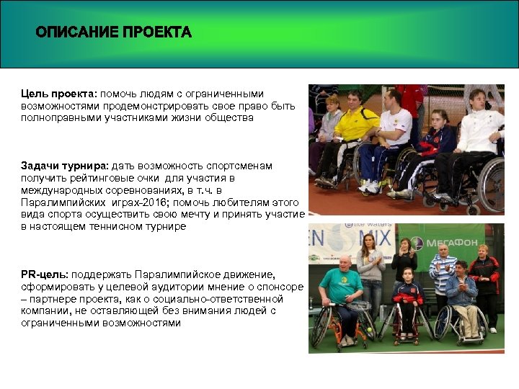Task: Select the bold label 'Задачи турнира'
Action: coord(63,166)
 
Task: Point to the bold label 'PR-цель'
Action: coord(43,275)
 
